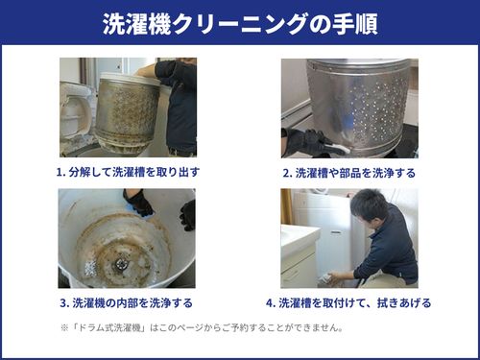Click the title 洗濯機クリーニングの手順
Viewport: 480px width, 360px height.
tap(240, 24)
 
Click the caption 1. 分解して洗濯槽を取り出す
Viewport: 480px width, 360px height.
tap(128, 173)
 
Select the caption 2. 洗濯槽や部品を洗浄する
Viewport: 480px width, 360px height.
tap(349, 173)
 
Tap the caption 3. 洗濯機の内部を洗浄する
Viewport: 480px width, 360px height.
tap(127, 302)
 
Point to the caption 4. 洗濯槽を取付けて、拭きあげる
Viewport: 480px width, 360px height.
tap(348, 302)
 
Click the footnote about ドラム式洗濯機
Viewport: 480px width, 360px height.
tap(203, 327)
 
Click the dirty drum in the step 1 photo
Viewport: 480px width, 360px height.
tap(128, 112)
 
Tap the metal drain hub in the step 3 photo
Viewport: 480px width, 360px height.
tap(122, 263)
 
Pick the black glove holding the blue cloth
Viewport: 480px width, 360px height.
tap(138, 203)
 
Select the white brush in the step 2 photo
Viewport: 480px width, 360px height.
tap(336, 147)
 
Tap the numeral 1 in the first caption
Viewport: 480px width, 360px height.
tap(60, 173)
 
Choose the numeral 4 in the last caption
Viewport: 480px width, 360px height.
tap(269, 303)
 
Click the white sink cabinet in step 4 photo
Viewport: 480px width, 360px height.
tap(300, 257)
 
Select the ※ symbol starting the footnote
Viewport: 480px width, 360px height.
tap(64, 328)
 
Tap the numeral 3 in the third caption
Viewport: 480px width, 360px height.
tap(63, 303)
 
